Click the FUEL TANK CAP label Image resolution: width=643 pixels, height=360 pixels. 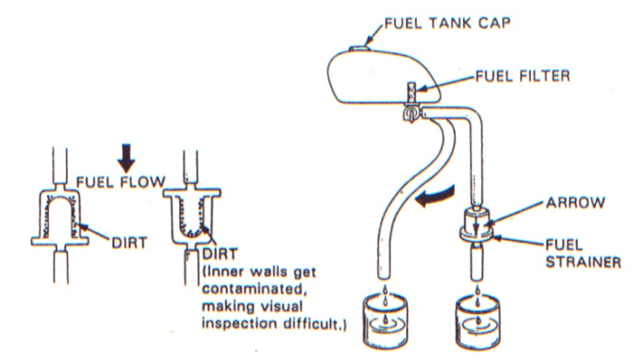(x=447, y=23)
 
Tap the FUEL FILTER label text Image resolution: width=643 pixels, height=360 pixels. (x=523, y=76)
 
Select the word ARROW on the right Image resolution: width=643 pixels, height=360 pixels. (x=575, y=203)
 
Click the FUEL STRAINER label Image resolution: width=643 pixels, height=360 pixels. (x=582, y=253)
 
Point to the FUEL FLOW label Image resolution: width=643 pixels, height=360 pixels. (x=121, y=182)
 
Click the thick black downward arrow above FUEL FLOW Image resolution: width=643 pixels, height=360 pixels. (x=127, y=158)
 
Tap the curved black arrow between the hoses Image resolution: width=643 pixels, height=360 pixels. (x=434, y=197)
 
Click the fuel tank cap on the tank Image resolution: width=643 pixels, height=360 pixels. (x=358, y=50)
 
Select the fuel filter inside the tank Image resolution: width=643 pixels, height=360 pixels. (x=411, y=94)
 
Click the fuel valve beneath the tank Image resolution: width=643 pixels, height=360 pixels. (x=411, y=113)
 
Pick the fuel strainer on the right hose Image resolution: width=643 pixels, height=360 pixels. (x=476, y=226)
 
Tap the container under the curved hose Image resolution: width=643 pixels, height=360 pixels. (x=385, y=324)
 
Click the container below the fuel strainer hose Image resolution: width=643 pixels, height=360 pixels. (x=478, y=324)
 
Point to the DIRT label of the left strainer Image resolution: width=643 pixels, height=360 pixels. (x=130, y=242)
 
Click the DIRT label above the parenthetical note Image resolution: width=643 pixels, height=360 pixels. (x=220, y=254)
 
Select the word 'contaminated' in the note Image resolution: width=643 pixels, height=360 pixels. (x=254, y=289)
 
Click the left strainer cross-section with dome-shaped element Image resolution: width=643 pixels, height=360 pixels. (x=60, y=216)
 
